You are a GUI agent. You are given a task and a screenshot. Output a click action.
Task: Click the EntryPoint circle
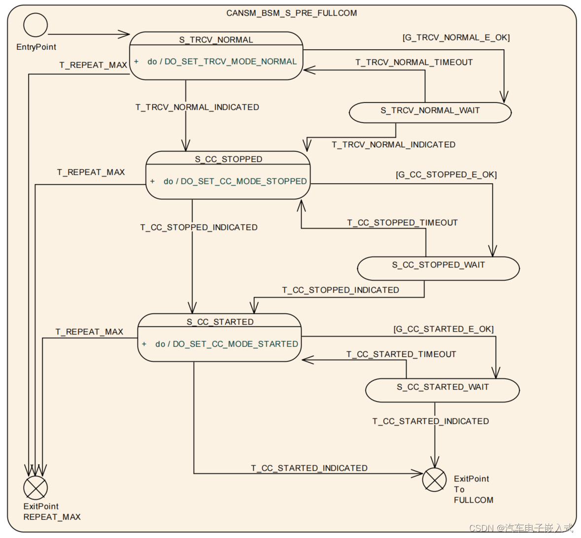pyautogui.click(x=35, y=25)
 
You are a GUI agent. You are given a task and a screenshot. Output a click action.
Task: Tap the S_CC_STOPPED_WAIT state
pyautogui.click(x=438, y=266)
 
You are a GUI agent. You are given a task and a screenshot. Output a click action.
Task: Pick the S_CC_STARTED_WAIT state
pyautogui.click(x=442, y=388)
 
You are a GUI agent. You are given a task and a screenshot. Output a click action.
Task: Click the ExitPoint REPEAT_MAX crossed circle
pyautogui.click(x=35, y=488)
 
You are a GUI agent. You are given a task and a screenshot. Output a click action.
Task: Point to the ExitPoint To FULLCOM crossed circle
pyautogui.click(x=434, y=479)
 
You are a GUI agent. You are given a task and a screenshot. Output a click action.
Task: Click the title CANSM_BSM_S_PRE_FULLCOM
pyautogui.click(x=291, y=13)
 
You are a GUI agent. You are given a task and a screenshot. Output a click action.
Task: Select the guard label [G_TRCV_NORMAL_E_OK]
pyautogui.click(x=456, y=38)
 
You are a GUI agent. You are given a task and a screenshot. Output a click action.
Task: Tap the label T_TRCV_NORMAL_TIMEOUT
pyautogui.click(x=414, y=63)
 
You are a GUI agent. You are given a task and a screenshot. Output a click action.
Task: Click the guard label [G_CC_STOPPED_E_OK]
pyautogui.click(x=446, y=175)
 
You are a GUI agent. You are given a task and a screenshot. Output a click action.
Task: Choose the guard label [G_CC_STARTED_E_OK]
pyautogui.click(x=443, y=329)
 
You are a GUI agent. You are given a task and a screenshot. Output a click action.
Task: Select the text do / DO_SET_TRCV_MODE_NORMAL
pyautogui.click(x=222, y=62)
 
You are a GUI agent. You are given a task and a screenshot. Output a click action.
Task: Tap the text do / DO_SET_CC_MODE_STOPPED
pyautogui.click(x=235, y=182)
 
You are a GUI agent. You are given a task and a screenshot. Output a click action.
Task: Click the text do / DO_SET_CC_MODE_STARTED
pyautogui.click(x=227, y=344)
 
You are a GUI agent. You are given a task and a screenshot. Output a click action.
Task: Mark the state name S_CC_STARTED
pyautogui.click(x=220, y=322)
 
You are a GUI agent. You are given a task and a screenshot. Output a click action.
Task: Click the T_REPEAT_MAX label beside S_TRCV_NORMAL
pyautogui.click(x=93, y=65)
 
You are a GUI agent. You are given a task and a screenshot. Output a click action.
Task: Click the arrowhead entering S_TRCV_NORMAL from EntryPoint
pyautogui.click(x=124, y=34)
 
